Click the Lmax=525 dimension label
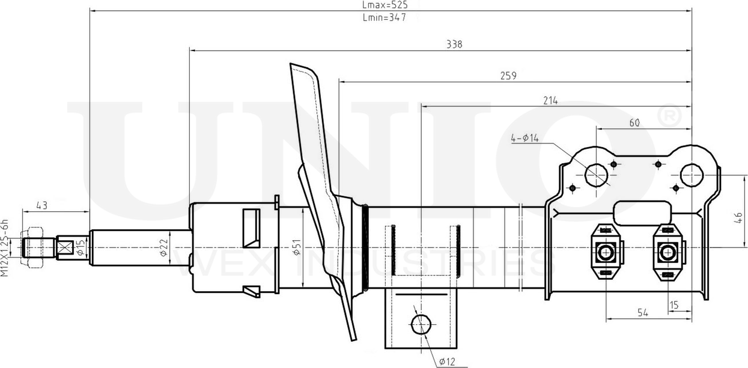(x=385, y=5)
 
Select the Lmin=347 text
(x=385, y=17)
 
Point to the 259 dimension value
(x=508, y=76)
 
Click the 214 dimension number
(x=550, y=101)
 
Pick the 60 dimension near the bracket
(x=634, y=122)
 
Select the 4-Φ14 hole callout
(x=525, y=138)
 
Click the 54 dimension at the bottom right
(x=642, y=312)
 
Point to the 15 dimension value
(x=674, y=306)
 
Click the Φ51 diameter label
(x=296, y=248)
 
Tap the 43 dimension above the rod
(x=41, y=206)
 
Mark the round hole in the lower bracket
(x=421, y=324)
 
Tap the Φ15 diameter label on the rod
(x=81, y=248)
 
